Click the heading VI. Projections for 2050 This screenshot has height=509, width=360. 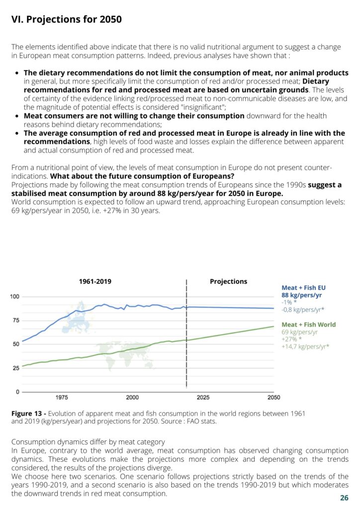coord(67,19)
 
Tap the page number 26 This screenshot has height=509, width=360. coord(344,498)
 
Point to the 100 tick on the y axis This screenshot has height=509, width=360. coord(14,296)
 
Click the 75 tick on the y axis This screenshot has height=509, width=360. coord(16,321)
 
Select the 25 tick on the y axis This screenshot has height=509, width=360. coord(16,368)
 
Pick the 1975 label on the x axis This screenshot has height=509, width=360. coord(62,397)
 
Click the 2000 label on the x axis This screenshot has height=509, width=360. coord(132,397)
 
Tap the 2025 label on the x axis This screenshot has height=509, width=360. coord(203,397)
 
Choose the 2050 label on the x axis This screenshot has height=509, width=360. coord(273,397)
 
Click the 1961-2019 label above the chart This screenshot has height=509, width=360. coord(95,281)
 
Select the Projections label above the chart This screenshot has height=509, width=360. coord(229,281)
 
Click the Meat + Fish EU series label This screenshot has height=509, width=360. coord(303,288)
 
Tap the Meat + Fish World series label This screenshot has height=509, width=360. coord(309,325)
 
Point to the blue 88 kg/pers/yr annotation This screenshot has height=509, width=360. coord(301,295)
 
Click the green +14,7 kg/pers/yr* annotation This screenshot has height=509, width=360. coord(305,346)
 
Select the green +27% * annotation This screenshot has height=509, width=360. coord(292,339)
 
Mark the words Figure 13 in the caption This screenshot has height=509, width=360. coord(27,414)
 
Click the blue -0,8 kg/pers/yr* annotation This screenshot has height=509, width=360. coord(303,310)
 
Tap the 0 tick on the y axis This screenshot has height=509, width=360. coord(17,392)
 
